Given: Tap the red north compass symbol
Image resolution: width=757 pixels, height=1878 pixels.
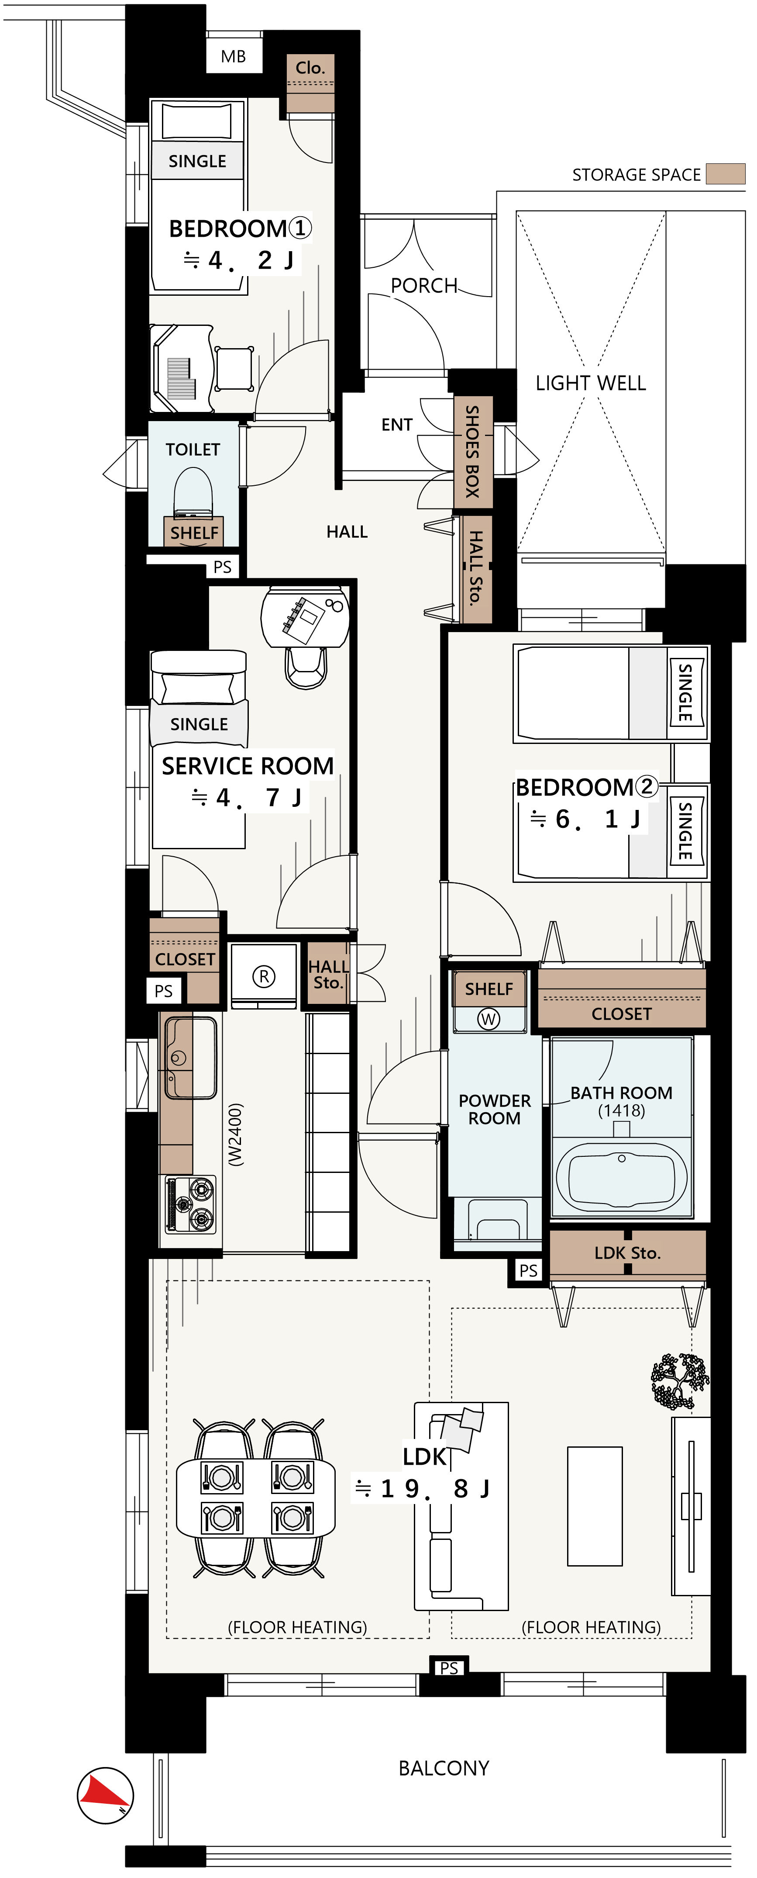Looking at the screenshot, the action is click(x=106, y=1795).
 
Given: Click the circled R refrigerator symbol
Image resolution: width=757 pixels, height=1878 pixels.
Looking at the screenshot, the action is click(x=264, y=976).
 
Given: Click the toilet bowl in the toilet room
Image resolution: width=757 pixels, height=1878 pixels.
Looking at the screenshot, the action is click(x=193, y=492).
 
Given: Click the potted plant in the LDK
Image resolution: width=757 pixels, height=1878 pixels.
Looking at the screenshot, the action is click(x=680, y=1380).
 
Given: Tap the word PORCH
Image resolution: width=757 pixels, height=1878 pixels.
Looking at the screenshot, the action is click(x=424, y=285).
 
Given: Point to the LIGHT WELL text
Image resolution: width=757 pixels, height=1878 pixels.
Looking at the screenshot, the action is click(x=591, y=383).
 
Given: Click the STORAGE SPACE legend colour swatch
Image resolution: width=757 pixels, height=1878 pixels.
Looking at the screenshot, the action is click(x=726, y=173).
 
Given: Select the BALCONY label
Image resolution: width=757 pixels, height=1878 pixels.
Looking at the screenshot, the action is click(x=444, y=1768).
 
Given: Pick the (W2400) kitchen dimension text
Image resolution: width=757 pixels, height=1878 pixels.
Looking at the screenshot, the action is click(x=234, y=1134).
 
